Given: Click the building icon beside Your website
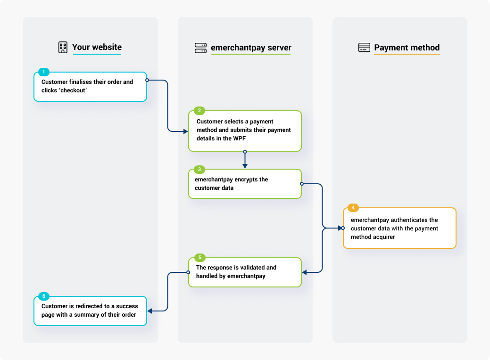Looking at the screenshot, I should click(63, 47).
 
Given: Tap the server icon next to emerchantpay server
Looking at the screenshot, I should click(200, 48).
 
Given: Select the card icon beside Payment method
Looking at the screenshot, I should click(364, 48).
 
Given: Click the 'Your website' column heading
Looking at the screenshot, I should click(97, 47).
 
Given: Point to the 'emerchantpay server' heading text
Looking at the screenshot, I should click(251, 48).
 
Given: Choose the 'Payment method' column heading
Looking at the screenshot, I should click(407, 48).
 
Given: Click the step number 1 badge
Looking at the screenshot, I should click(43, 72).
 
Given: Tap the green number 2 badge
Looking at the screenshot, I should click(199, 111).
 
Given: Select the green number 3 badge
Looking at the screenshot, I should click(199, 169).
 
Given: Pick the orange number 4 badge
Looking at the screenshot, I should click(353, 208).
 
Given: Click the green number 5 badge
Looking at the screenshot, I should click(199, 258).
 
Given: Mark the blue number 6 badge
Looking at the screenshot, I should click(43, 296).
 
